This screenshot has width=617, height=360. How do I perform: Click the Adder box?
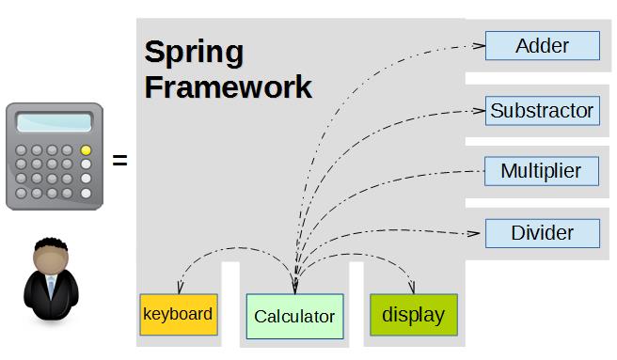point(543,46)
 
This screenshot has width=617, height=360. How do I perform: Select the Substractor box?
point(543,111)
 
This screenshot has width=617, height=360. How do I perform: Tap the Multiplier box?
point(542,171)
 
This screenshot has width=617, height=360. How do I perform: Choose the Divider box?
point(543,233)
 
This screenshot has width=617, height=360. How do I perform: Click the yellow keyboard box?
point(179,314)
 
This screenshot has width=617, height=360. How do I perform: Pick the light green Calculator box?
point(294,317)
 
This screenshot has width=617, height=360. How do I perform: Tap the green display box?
point(414,315)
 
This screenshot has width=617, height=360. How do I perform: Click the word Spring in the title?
point(194,52)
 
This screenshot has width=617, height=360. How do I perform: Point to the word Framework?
point(229,87)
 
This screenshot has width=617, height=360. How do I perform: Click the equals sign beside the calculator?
point(120,160)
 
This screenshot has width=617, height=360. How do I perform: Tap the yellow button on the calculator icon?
point(86,149)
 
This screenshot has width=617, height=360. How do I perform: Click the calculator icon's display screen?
point(54,122)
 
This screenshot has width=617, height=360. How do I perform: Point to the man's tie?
point(51,288)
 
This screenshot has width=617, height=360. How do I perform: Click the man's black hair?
point(51,244)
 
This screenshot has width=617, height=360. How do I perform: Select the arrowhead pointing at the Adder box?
point(479,46)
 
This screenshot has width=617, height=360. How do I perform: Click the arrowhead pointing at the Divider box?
point(473,234)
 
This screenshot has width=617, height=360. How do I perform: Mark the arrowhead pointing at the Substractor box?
point(479,111)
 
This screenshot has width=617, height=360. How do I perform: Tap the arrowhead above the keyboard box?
point(180,288)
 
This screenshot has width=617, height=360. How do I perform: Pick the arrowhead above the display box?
point(412,288)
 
